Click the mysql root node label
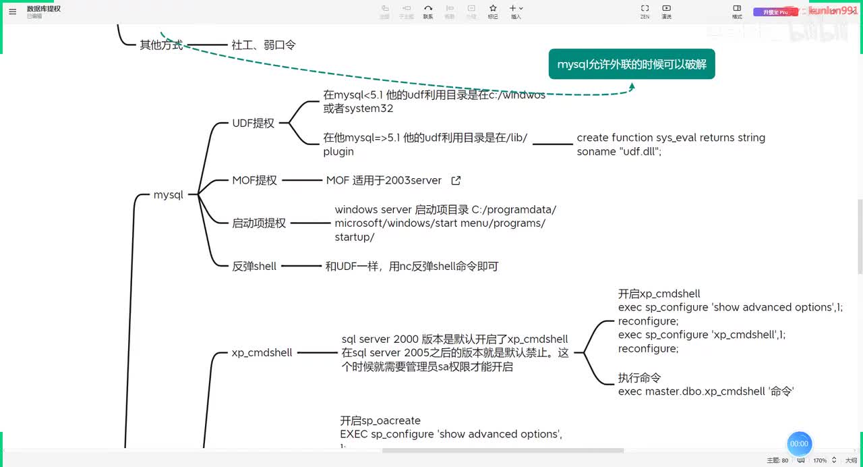click(169, 195)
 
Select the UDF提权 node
click(253, 123)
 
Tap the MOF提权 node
click(254, 181)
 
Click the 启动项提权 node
click(259, 223)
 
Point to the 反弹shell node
click(254, 267)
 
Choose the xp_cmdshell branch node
click(262, 352)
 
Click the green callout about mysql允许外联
click(631, 65)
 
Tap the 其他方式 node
click(161, 45)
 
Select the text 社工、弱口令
click(264, 45)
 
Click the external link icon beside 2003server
click(456, 181)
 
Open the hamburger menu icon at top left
click(12, 11)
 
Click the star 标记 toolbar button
click(493, 11)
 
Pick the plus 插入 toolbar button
click(516, 11)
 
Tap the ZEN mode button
click(645, 11)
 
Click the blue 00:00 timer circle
click(800, 443)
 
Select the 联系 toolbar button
click(428, 11)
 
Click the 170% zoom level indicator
click(820, 460)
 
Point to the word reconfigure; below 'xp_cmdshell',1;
click(648, 349)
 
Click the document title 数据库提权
click(44, 9)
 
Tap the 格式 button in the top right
click(737, 11)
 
